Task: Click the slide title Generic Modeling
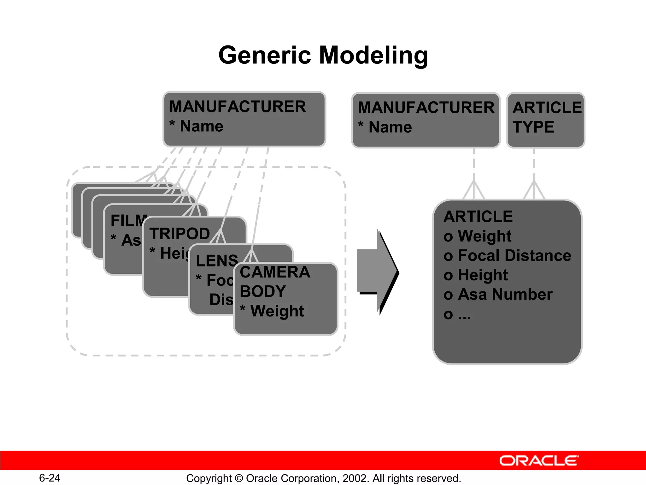coord(323,55)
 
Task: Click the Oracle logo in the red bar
coord(539,461)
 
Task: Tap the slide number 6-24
coord(50,478)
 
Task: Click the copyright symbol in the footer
coord(239,478)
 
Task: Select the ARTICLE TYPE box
coord(545,120)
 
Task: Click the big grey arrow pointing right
coord(378,272)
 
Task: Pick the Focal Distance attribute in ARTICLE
coord(514,255)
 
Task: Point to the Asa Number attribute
coord(505,294)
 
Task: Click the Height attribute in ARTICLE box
coord(483,275)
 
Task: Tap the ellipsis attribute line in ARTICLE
coord(457,314)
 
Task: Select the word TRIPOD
coord(179,234)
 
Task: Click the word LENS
coord(217,261)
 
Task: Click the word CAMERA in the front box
coord(275,272)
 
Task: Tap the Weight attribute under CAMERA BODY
coord(277,311)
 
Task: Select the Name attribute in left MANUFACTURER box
coord(201,126)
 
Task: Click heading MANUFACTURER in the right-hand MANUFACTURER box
coord(426,108)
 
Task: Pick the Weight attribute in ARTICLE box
coord(484,236)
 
